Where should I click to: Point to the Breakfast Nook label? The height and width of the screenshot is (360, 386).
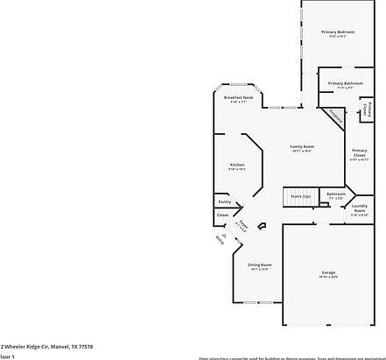238,97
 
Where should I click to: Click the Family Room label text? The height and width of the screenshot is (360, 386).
302,146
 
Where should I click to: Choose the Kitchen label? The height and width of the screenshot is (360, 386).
236,165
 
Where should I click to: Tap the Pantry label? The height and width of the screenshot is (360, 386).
225,201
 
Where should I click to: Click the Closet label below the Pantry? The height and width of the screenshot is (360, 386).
223,215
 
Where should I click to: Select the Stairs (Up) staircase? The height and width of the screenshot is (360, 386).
297,196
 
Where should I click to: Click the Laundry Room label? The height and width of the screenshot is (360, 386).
359,208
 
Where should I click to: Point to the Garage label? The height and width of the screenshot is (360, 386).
328,272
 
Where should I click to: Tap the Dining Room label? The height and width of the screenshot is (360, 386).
260,265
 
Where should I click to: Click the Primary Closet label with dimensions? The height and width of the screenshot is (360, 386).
359,154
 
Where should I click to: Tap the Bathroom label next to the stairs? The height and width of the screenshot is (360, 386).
335,194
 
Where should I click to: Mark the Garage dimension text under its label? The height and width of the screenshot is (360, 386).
328,278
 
